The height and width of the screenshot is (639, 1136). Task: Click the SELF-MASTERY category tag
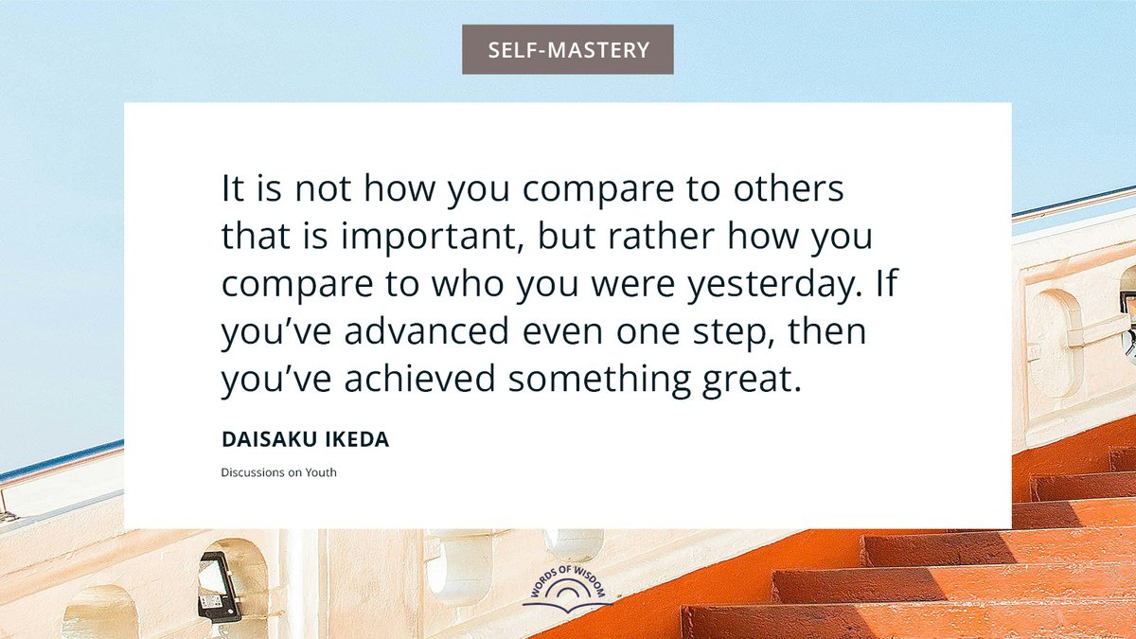[x=568, y=49]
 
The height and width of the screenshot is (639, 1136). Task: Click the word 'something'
[x=612, y=381]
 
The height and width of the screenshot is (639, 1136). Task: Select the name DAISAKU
[x=260, y=441]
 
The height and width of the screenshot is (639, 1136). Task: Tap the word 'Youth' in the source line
[x=320, y=472]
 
